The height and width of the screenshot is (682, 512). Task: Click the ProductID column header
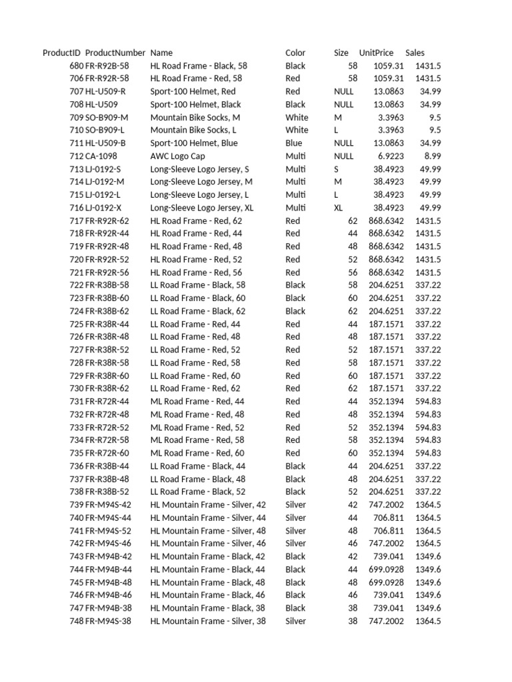[61, 53]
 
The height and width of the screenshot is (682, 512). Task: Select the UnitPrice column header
[376, 53]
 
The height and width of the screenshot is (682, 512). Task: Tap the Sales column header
[415, 53]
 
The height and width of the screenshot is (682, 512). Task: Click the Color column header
[295, 53]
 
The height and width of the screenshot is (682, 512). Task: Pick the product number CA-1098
[101, 156]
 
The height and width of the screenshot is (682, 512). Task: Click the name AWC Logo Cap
[177, 156]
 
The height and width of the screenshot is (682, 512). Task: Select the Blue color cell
[293, 143]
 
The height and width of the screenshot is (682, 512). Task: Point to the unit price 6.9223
[389, 156]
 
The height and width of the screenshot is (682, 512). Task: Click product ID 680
[76, 66]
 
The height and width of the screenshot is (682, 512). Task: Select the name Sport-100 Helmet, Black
[196, 105]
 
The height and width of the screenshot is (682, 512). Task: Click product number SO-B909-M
[107, 117]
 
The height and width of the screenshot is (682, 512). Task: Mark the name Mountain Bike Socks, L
[193, 130]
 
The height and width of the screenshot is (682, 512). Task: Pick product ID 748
[76, 621]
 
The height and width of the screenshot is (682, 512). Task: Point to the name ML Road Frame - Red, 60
[197, 453]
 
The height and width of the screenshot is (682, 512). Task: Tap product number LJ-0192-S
[103, 169]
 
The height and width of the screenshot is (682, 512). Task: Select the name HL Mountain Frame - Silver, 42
[208, 505]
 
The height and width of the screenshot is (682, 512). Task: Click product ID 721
[76, 272]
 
